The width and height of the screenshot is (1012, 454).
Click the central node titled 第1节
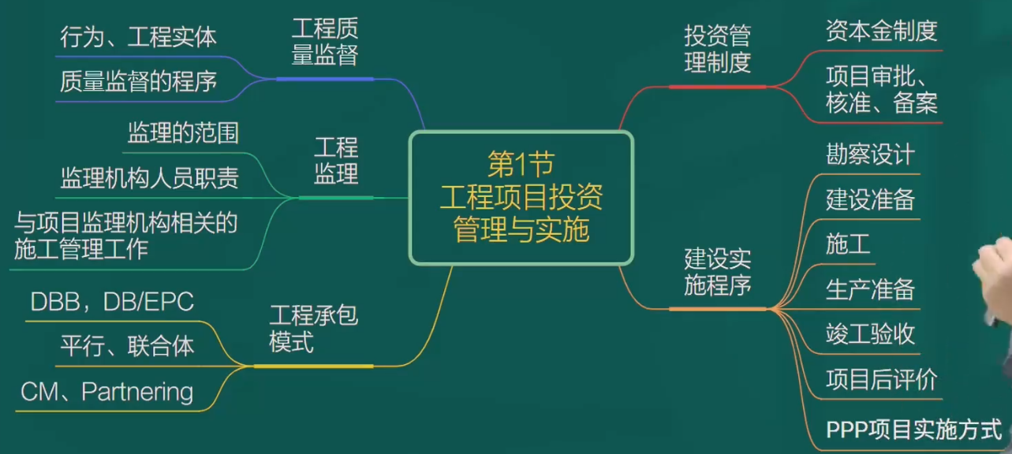[x=521, y=198]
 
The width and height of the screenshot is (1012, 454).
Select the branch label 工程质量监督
[x=325, y=42]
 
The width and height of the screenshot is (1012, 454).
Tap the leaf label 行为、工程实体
[x=138, y=36]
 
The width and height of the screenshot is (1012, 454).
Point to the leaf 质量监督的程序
[x=138, y=81]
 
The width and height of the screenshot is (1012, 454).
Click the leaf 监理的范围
[x=183, y=132]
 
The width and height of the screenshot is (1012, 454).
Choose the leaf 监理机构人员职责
[x=150, y=177]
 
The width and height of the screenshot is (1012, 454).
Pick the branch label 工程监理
[x=336, y=160]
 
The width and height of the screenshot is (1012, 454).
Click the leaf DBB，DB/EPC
[x=112, y=301]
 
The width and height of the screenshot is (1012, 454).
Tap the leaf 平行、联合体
[x=128, y=346]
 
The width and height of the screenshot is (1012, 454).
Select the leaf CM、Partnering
[x=107, y=391]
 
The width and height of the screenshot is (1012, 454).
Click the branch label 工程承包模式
[x=314, y=328]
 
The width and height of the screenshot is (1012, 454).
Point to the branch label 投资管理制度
[x=718, y=49]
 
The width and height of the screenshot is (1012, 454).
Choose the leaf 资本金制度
[x=881, y=31]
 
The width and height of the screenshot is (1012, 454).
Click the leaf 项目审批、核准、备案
[x=881, y=89]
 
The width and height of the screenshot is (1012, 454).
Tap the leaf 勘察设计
[x=870, y=154]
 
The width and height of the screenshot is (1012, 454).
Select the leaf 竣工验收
[x=870, y=334]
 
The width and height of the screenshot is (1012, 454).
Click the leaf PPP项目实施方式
[x=913, y=429]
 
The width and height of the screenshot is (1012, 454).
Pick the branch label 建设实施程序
[x=718, y=272]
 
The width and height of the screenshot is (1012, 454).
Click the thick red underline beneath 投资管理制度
[x=718, y=87]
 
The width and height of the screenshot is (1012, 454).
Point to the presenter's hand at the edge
[x=994, y=280]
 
